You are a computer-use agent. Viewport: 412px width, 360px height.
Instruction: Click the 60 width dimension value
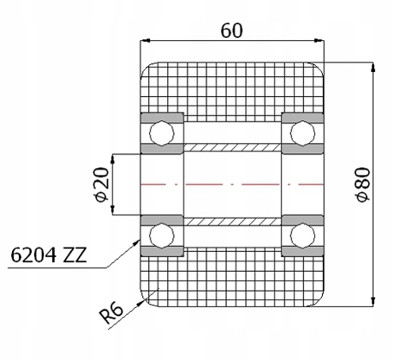coord(231,30)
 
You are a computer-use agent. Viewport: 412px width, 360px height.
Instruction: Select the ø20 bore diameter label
coord(101,184)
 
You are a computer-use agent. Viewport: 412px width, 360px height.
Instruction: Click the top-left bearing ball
coord(162,133)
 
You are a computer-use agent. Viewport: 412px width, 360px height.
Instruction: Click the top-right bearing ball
coord(302,133)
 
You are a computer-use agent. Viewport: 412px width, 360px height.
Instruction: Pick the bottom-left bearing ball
coord(162,234)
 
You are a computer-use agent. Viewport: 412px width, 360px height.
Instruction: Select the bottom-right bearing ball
coord(302,234)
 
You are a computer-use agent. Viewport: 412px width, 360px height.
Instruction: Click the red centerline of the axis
coord(231,183)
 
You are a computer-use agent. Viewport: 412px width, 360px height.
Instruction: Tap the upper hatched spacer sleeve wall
coord(231,147)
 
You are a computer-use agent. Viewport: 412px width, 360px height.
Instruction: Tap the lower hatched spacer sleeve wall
coord(231,220)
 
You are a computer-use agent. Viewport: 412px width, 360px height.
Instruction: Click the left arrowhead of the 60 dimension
coord(146,41)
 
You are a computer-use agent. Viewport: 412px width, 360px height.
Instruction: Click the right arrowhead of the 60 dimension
coord(319,41)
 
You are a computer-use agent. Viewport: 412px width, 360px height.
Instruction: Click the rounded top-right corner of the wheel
coord(318,70)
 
